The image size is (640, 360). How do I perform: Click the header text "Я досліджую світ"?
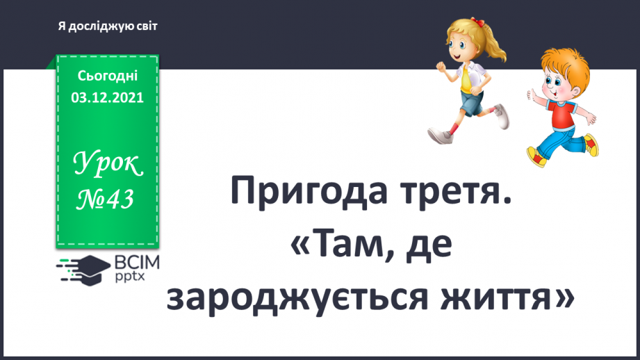[x=107, y=26]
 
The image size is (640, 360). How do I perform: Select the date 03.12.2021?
[x=107, y=98]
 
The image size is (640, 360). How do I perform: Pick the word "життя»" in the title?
[x=513, y=297]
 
